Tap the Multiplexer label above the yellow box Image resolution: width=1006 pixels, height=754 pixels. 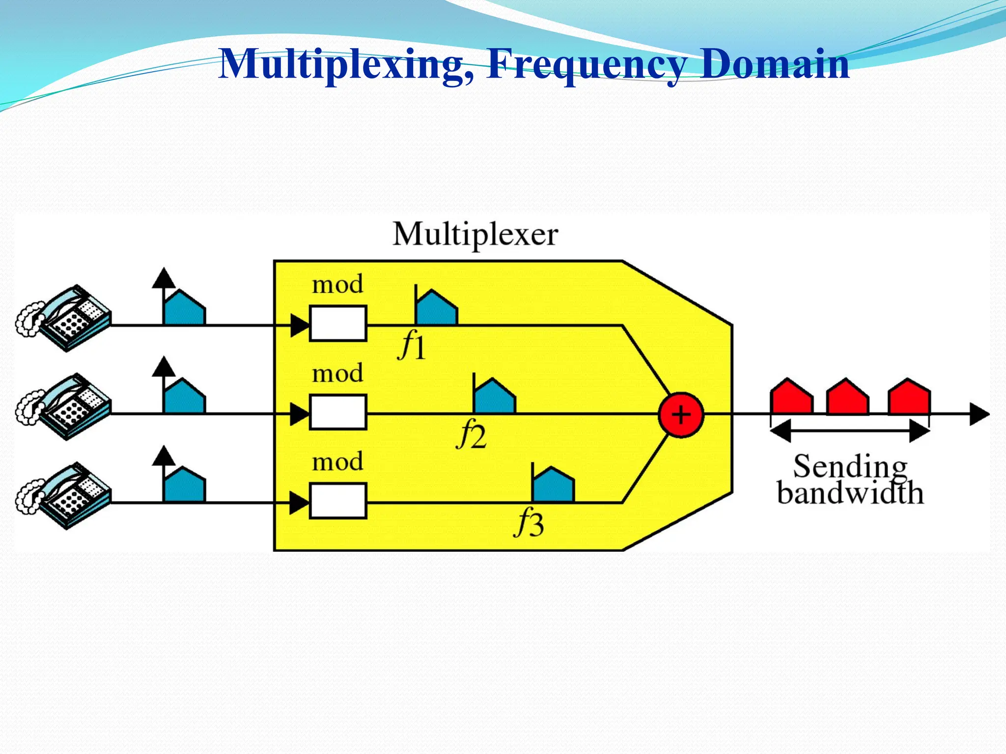[475, 235]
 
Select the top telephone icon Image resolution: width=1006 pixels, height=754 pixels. [64, 318]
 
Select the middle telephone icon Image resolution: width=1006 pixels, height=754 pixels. [64, 407]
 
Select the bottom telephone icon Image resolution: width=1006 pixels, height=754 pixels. [64, 496]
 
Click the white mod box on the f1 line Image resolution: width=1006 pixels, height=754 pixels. [338, 323]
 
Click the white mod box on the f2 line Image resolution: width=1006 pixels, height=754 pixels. [338, 412]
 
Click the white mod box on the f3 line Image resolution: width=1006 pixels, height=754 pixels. [338, 501]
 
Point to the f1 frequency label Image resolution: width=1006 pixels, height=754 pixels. [412, 345]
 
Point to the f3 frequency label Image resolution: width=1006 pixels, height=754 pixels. [529, 523]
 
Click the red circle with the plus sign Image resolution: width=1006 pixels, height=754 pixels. [681, 415]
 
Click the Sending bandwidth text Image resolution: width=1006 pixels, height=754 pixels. [850, 480]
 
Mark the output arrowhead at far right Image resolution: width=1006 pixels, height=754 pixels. [978, 415]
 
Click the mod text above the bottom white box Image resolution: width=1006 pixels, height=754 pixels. [337, 462]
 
